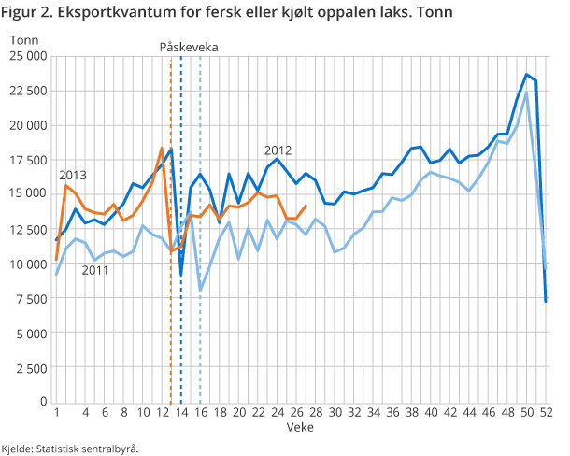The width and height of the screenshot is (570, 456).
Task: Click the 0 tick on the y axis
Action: click(x=43, y=402)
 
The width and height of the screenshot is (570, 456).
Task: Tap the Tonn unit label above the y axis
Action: click(x=26, y=39)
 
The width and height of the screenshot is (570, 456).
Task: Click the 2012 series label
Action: click(x=278, y=150)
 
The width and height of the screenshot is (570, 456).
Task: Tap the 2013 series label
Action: click(x=73, y=175)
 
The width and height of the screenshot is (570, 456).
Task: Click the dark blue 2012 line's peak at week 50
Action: click(x=526, y=75)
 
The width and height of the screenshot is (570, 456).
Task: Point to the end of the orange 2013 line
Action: click(x=306, y=207)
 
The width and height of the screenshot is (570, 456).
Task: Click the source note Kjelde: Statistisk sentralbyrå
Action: click(x=70, y=448)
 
